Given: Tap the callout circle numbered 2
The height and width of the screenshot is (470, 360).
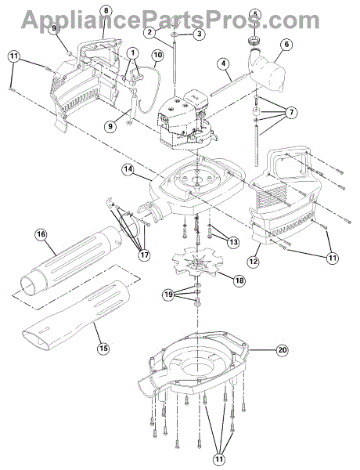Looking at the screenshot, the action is (x=149, y=31).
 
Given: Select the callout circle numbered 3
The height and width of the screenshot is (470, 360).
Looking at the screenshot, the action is (x=199, y=34).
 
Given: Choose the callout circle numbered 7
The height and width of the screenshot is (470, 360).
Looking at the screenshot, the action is (x=291, y=113).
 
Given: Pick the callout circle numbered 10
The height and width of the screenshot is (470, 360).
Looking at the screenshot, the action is (x=158, y=55).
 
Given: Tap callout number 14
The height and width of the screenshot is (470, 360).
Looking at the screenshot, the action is (x=128, y=169).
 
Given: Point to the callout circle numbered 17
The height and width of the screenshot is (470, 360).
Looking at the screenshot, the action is (x=144, y=255).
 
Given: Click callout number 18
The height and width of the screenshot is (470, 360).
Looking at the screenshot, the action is (x=240, y=280).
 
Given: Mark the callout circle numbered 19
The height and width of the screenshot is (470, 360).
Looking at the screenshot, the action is (x=168, y=295).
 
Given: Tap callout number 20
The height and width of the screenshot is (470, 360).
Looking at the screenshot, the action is (x=282, y=350).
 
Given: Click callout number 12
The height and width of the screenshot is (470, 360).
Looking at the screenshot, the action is (x=253, y=262).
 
